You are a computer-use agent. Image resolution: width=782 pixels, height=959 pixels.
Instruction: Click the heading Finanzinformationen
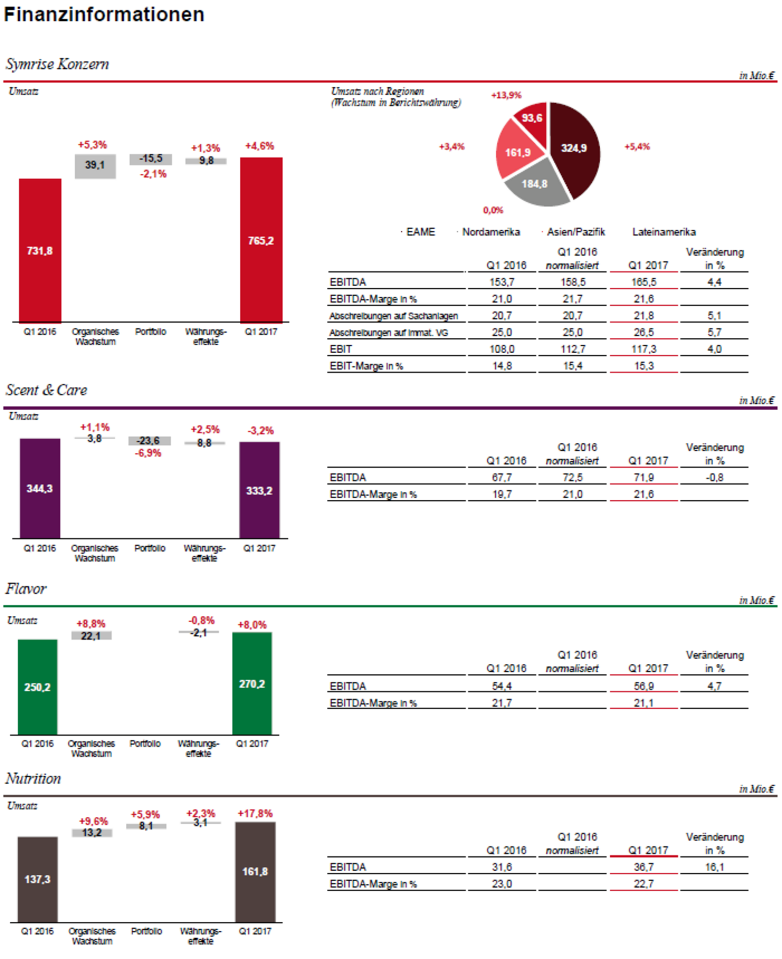104,14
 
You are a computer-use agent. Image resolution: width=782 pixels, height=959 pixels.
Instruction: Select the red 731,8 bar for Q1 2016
40,250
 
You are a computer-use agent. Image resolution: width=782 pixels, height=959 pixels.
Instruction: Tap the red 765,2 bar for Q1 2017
261,240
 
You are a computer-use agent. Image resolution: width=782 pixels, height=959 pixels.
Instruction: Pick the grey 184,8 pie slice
535,184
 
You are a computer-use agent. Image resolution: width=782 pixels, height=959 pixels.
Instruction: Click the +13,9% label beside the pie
506,95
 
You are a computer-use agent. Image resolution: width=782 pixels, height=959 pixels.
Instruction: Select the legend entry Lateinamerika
664,232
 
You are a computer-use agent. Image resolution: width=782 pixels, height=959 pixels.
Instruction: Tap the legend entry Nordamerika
490,232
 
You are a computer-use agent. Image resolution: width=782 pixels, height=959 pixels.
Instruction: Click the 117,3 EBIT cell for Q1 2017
643,349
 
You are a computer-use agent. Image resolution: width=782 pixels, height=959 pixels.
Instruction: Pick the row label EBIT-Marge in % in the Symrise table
366,366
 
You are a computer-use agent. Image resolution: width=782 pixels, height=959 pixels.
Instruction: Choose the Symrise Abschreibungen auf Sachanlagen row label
393,316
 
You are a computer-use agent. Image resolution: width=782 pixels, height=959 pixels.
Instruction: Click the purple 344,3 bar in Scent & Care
40,488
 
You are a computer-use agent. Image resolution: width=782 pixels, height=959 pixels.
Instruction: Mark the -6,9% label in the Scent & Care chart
148,453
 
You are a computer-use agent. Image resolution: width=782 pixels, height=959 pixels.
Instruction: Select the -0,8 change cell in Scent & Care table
714,477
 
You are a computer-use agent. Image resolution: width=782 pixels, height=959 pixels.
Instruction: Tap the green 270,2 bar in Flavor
252,684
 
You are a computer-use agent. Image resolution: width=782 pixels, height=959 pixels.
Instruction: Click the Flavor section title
26,589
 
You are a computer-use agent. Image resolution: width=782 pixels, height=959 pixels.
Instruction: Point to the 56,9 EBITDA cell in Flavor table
643,686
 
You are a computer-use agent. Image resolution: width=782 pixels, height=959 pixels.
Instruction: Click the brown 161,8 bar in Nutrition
255,872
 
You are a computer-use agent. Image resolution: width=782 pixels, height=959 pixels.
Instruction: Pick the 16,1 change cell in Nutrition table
714,867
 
